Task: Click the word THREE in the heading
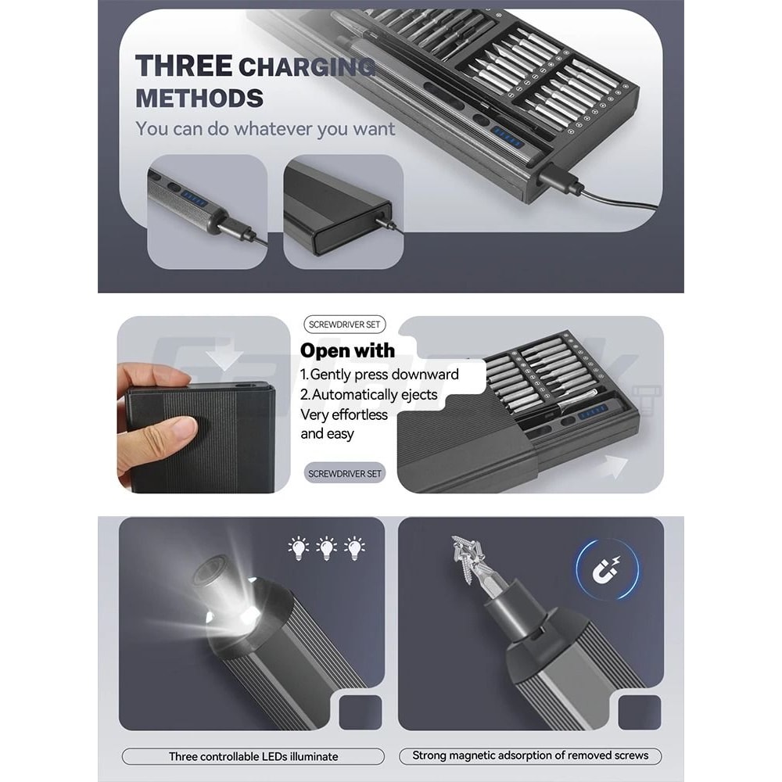[183, 66]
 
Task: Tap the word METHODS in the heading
[199, 99]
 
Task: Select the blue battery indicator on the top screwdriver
[508, 137]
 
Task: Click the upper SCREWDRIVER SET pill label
[344, 325]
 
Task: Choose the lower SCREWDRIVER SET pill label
[345, 473]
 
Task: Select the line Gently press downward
[379, 374]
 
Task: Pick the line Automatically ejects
[369, 394]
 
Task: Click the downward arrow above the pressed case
[227, 356]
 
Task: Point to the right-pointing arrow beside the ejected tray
[612, 467]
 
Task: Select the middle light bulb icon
[326, 548]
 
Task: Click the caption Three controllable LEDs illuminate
[253, 756]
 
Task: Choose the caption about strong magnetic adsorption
[530, 755]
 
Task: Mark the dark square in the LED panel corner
[361, 712]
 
